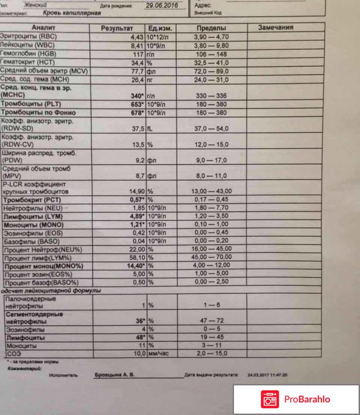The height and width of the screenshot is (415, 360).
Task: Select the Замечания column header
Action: coord(275,27)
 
